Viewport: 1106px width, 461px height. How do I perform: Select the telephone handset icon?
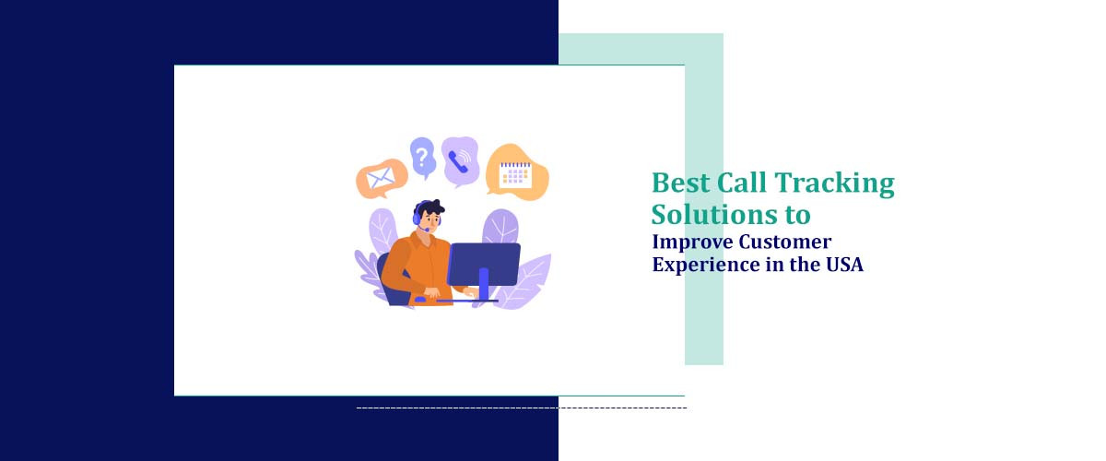(x=458, y=161)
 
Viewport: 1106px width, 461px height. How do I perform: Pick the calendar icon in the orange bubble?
(x=515, y=173)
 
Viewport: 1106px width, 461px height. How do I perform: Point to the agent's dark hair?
(x=429, y=207)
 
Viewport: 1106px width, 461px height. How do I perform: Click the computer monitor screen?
(x=483, y=263)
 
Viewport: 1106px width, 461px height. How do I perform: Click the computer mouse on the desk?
(x=420, y=299)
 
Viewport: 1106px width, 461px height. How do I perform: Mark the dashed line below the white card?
(x=521, y=407)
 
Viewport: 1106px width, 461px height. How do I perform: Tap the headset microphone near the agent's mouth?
(x=425, y=230)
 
